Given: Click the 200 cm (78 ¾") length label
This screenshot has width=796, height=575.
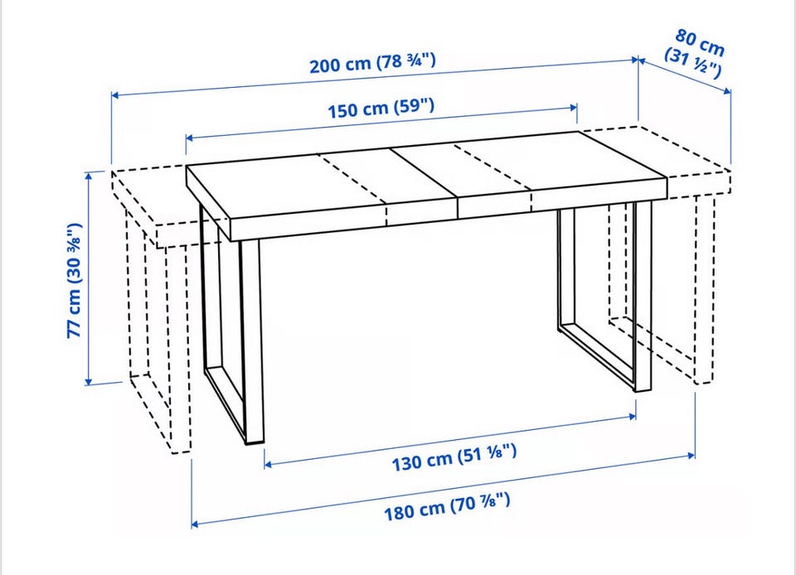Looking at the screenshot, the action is pos(372,63).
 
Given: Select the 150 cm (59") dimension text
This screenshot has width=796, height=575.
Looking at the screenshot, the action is pos(381,108).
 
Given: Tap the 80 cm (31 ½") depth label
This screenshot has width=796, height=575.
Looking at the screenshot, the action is pos(696,53).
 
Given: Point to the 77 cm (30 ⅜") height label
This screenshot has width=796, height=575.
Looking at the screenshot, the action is pos(75,280).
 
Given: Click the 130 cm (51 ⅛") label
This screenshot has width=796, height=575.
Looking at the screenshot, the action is pos(454,457).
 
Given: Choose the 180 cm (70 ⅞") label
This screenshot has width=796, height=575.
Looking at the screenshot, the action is pos(447,506).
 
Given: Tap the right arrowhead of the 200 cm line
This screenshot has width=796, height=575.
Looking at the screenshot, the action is pos(633,60).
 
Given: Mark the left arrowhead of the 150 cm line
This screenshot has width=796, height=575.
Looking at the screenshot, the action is pos(190,138).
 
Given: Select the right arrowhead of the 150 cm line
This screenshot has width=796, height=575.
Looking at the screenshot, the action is pos(574,108).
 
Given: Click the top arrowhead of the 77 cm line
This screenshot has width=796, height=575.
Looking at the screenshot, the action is pos(89,176).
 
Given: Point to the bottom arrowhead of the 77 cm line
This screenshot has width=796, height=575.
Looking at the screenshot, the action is pos(89,381).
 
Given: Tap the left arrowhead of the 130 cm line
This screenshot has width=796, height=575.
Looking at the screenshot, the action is pos(268,464).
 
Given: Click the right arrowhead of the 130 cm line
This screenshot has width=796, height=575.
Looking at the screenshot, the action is pos(632,416).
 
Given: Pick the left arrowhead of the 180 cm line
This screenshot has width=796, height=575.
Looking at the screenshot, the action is pos(196,524).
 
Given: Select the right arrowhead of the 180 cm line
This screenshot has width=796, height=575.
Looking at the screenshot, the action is pos(692,456).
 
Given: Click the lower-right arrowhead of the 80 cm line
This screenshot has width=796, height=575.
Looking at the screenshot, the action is pos(727,91).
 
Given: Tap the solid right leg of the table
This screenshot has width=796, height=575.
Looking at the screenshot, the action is pos(642,296).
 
